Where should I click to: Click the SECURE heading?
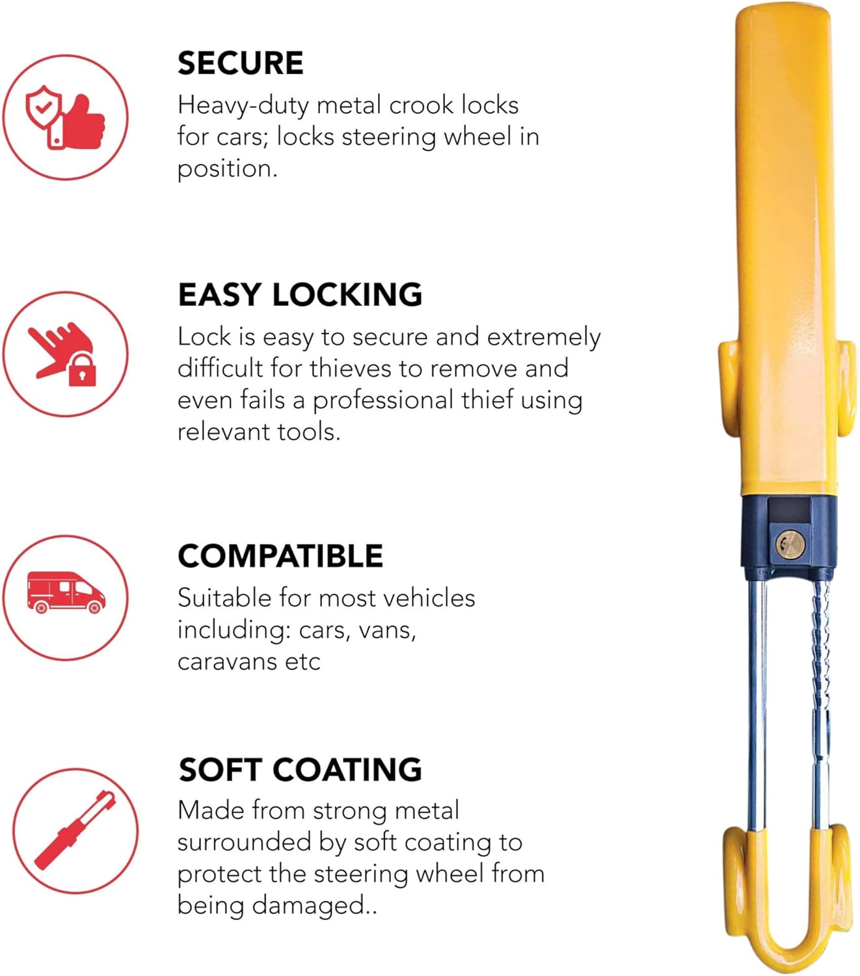tap(240, 63)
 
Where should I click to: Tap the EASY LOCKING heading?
tap(300, 295)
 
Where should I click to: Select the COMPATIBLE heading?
tap(280, 556)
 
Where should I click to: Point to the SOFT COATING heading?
tap(300, 770)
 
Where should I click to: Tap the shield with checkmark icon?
tap(44, 106)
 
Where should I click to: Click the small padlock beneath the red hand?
tap(82, 371)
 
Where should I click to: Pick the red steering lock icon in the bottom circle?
tap(74, 831)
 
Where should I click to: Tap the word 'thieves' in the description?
tap(351, 369)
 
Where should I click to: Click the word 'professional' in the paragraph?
tap(383, 401)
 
